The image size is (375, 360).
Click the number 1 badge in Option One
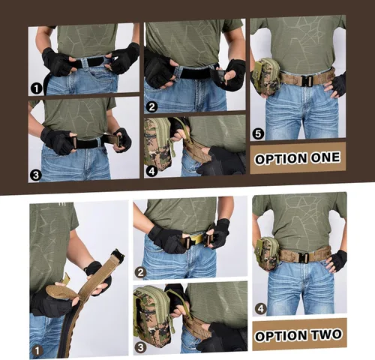(x=35, y=88)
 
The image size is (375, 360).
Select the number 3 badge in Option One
(x=35, y=175)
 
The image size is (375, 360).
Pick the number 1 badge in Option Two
(x=36, y=349)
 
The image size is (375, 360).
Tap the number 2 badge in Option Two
(x=140, y=273)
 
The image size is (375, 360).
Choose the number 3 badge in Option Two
(x=140, y=348)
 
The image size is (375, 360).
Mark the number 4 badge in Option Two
(x=259, y=307)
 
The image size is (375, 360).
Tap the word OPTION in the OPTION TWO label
(x=280, y=334)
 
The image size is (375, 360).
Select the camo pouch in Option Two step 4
(x=268, y=253)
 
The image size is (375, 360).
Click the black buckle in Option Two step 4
(x=305, y=256)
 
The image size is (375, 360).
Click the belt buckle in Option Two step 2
(x=196, y=239)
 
